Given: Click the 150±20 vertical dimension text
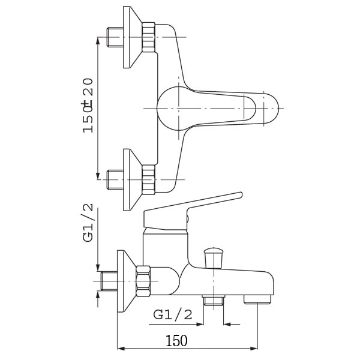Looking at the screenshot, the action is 88,106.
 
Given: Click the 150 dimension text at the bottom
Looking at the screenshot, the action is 176,341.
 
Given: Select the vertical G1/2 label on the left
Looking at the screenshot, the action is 88,223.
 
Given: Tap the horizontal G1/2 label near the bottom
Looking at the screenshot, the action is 173,314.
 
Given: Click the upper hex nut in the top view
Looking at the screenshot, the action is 149,37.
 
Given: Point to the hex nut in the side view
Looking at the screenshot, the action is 143,281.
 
